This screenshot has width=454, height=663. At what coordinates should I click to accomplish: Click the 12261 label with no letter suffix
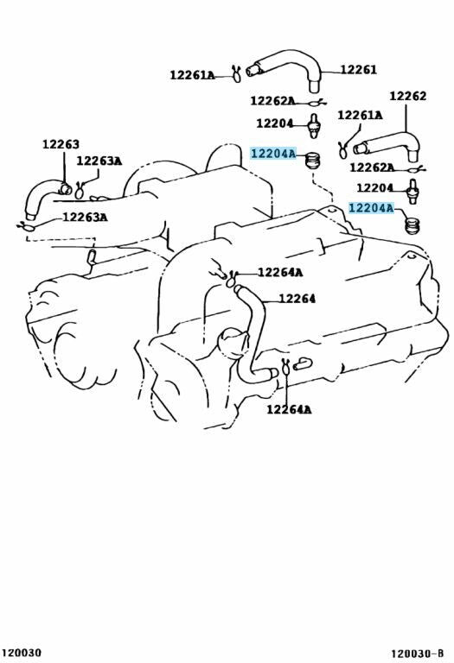[358, 70]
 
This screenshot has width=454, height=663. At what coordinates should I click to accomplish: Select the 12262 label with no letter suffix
[407, 96]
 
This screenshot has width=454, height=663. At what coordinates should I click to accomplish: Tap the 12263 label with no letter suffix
[61, 144]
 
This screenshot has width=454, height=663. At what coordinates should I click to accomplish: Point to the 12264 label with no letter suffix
[297, 299]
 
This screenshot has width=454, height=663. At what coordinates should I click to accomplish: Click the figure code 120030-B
[417, 654]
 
